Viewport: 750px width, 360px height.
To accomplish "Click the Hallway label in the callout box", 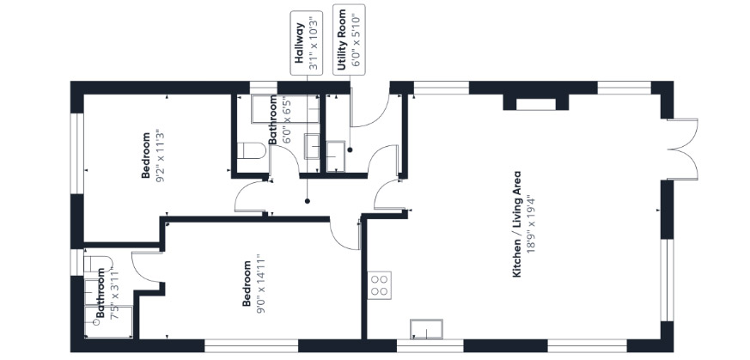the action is point(300,43).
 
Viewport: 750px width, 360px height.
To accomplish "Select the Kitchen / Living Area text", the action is point(516,224).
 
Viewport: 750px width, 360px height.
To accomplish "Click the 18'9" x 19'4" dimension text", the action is point(529,224).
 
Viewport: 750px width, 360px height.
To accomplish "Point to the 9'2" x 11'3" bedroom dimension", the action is point(160,155).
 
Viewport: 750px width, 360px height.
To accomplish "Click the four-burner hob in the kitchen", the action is point(380,285).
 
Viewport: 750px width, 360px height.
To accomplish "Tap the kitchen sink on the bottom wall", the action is point(426,329).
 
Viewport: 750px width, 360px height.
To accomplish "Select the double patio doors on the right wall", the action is point(682,149).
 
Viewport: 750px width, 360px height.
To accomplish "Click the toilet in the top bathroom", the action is point(251,150).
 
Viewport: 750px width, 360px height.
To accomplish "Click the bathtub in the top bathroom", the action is point(277,109).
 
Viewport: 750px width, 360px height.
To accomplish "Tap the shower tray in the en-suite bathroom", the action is point(108,321).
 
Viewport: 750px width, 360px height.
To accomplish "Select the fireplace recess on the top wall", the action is point(536,104).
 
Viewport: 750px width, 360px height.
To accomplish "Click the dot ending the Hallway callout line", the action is point(307,201).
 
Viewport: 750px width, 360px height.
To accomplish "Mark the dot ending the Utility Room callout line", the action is point(350,149).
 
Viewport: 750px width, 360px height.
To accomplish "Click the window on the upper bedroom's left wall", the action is point(77,154).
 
